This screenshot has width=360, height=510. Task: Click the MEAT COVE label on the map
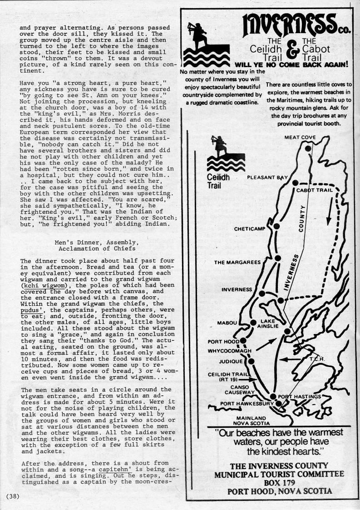coord(300,137)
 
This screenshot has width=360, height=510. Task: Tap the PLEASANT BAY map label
coord(267,177)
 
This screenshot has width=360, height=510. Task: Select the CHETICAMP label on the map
coord(249,229)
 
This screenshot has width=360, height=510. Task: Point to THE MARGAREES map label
coord(237,262)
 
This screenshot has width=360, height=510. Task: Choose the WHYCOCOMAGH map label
coord(227,351)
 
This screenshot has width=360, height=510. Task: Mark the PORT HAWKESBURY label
coord(247,403)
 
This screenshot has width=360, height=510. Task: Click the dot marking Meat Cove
coord(309,148)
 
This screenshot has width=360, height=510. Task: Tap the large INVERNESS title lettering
coord(286,25)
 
